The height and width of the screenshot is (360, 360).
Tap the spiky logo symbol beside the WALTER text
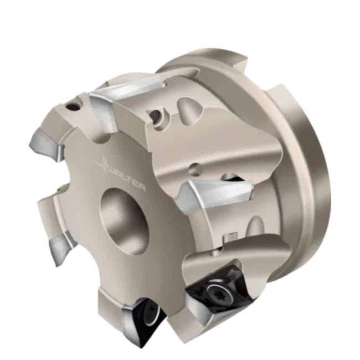coord(104,165)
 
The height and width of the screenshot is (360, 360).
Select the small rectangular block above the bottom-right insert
coord(225,238)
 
